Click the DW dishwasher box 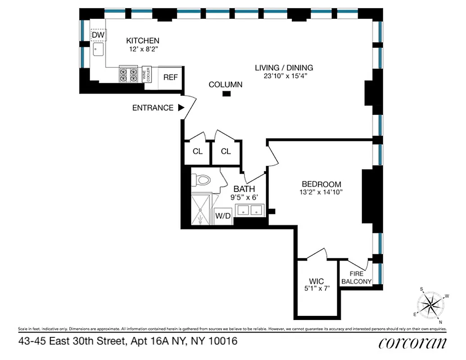coord(98,35)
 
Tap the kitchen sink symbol coord(98,49)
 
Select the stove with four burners coord(128,75)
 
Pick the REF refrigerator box coord(170,77)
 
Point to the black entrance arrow coord(181,108)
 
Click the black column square coord(227,94)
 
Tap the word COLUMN coord(226,84)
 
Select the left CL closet coord(198,151)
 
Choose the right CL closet coord(226,151)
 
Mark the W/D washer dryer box coord(222,216)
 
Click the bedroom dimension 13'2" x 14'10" coord(321,193)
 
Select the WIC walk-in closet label coord(317,281)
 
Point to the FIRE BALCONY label coord(356,278)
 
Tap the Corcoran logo coord(412,343)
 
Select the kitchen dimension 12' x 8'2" coord(142,49)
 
